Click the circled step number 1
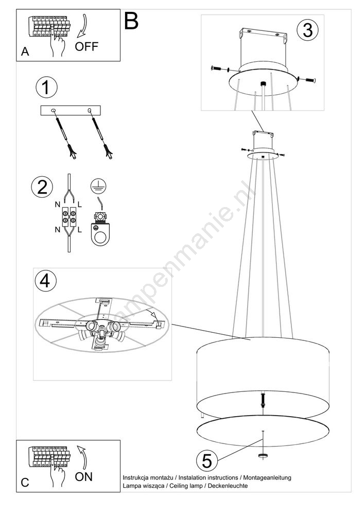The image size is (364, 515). [46, 88]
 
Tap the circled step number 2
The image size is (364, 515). [42, 187]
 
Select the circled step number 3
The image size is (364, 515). [307, 30]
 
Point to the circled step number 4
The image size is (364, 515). [45, 281]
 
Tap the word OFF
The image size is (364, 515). [86, 47]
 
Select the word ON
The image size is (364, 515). [84, 476]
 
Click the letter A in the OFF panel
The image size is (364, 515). [25, 52]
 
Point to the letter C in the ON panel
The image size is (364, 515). [25, 483]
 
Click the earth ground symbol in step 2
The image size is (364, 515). [98, 186]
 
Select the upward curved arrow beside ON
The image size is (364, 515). [82, 457]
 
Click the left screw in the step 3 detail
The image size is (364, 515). [219, 68]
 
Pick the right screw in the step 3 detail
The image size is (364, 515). [307, 79]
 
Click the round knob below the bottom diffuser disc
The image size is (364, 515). [263, 456]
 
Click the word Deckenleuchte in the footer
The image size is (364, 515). [228, 486]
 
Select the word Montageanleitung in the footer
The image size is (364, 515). [267, 478]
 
